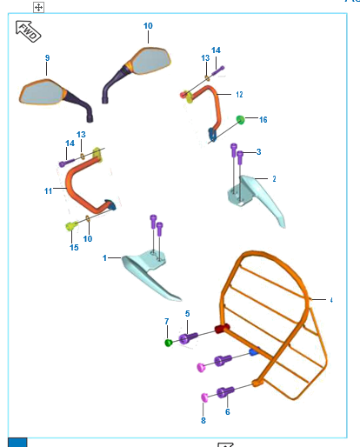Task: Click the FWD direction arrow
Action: coord(28,31)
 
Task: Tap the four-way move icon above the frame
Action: coord(38,7)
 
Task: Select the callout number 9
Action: coord(47,58)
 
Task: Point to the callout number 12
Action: coord(239,95)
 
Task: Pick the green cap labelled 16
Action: coord(240,119)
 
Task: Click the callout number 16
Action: coord(263,119)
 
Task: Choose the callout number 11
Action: coord(48,191)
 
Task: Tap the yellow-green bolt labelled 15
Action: coord(71,225)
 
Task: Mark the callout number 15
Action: coord(74,247)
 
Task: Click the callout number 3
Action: coord(258,152)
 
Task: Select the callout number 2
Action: coord(274,179)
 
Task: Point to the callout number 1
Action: coord(104,257)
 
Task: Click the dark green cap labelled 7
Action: coord(169,343)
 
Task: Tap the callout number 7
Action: coord(167,321)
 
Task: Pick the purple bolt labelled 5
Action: coord(188,338)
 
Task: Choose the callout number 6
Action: coord(228,411)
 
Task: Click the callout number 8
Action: coord(203,420)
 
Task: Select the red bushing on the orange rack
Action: coord(222,329)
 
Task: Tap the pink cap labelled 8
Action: coord(204,397)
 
